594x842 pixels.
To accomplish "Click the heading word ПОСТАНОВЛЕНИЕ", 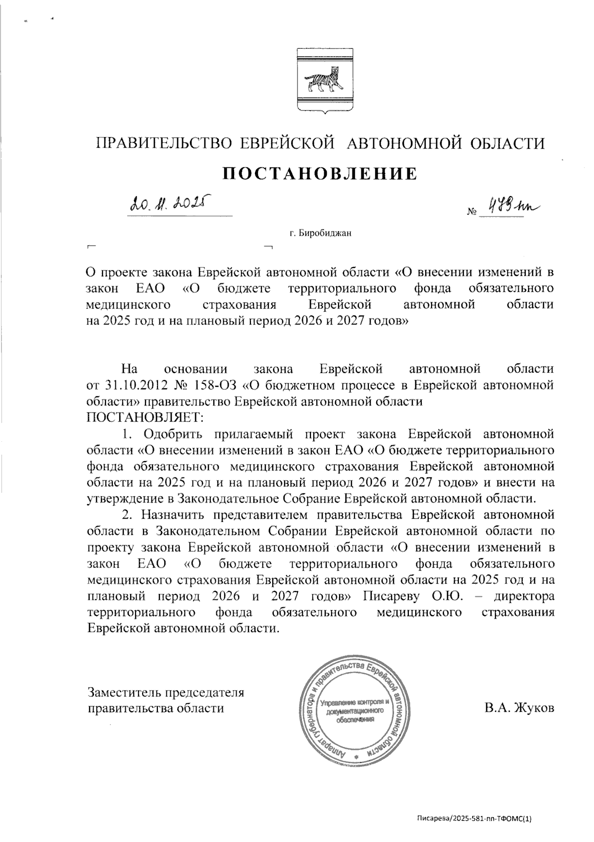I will click(x=319, y=173).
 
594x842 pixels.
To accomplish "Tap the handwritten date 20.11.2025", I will click(x=168, y=203).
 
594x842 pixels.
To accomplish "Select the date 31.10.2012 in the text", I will click(x=136, y=385).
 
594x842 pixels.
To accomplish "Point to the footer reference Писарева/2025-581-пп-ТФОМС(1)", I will click(x=474, y=819).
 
